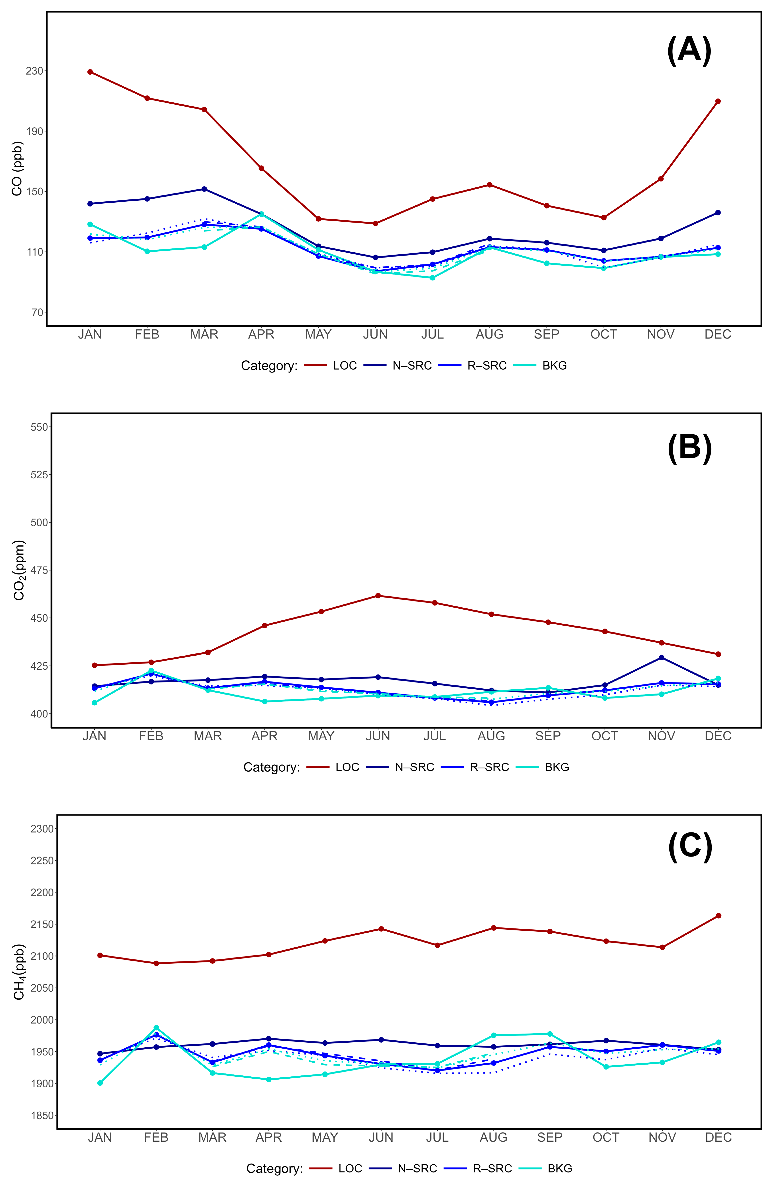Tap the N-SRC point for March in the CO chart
[x=204, y=189]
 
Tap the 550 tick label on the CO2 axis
[x=39, y=427]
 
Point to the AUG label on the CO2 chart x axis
[x=491, y=736]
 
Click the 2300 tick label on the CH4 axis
[x=42, y=829]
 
